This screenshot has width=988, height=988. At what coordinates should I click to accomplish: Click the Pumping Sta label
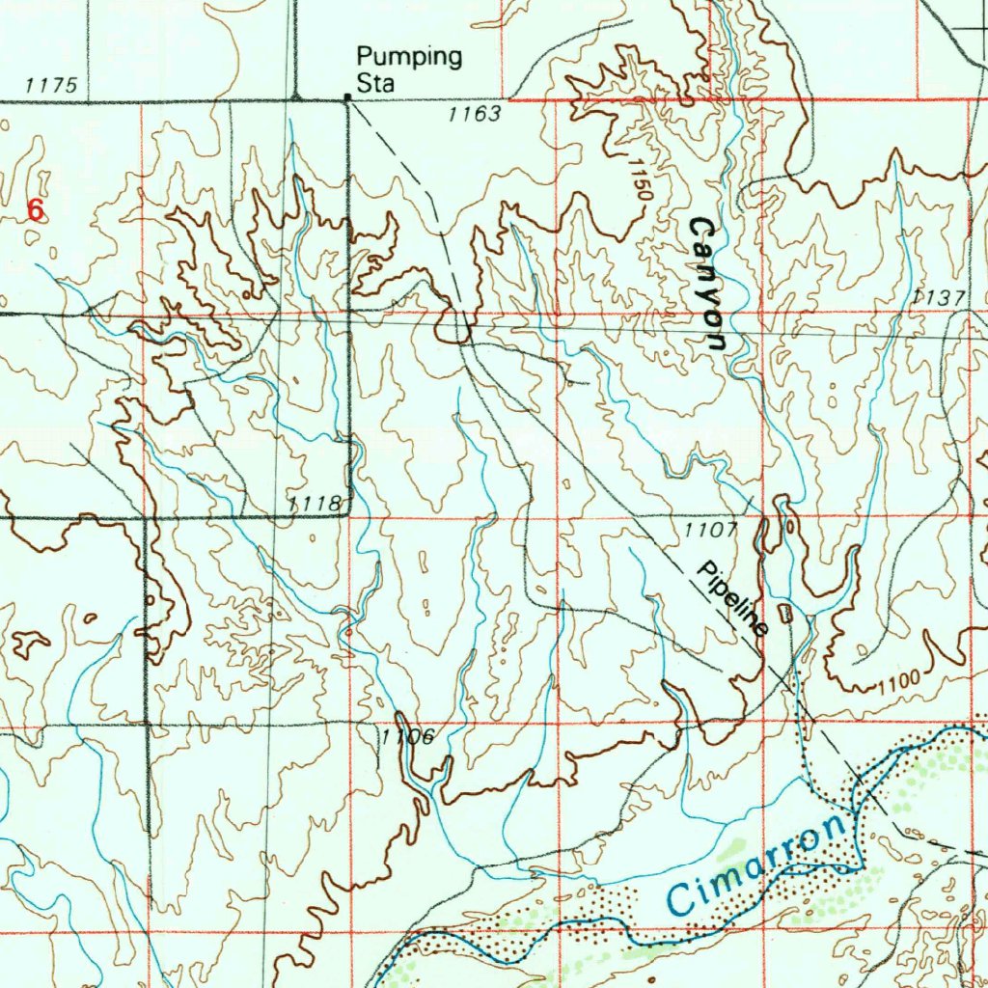[x=408, y=69]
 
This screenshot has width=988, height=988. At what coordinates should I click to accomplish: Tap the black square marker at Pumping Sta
[x=348, y=96]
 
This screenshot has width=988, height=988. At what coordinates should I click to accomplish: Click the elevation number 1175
[x=51, y=86]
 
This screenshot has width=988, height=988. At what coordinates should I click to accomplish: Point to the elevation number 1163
[x=475, y=115]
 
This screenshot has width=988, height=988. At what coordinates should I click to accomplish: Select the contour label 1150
[x=639, y=178]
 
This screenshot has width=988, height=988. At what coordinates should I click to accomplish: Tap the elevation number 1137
[x=936, y=298]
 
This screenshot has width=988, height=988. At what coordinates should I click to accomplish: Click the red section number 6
[x=36, y=209]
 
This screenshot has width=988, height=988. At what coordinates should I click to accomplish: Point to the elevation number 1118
[x=314, y=503]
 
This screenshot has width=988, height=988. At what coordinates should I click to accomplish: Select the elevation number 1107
[x=711, y=531]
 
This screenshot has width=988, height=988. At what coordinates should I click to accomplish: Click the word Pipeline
[x=732, y=599]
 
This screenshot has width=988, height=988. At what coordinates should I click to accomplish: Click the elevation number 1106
[x=401, y=737]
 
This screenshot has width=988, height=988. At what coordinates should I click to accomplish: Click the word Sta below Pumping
[x=375, y=84]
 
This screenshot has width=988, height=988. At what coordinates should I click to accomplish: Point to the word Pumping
[x=409, y=57]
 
